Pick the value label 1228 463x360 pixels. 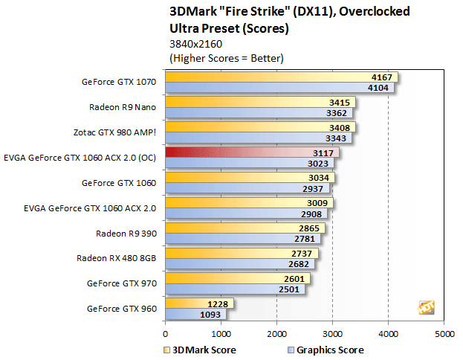(218, 303)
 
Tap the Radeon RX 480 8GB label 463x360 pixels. (117, 258)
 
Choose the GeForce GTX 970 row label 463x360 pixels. (121, 283)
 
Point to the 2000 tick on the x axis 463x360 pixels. (277, 334)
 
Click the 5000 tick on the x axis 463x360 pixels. (444, 334)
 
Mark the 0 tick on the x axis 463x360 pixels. (166, 334)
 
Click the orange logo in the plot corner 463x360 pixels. (427, 307)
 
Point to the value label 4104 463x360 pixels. (381, 88)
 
